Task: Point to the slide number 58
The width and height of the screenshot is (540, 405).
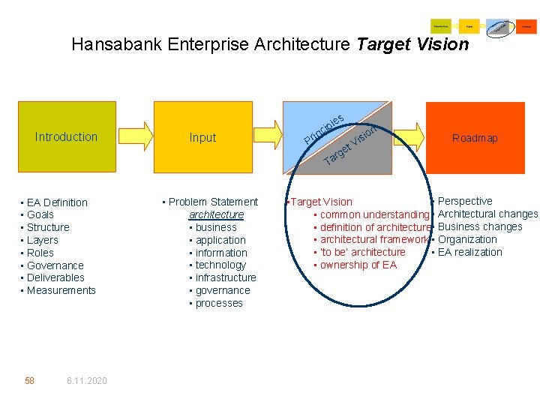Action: point(29,381)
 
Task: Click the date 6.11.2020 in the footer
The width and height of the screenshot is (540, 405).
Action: point(86,381)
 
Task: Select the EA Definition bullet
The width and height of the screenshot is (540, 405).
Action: point(57,202)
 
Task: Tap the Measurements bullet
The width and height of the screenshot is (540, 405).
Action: point(61,290)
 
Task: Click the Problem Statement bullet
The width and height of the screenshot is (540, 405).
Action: point(213,202)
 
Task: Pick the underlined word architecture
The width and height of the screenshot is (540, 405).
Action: point(216,214)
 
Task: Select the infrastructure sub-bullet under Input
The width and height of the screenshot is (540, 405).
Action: point(226,277)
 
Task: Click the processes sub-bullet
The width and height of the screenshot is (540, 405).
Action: point(219,303)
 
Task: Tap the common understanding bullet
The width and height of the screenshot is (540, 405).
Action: point(373,214)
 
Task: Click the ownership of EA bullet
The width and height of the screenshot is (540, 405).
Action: point(358,265)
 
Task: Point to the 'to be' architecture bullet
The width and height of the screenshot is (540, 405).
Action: point(362,252)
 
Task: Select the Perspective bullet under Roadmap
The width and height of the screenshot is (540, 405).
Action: point(465,201)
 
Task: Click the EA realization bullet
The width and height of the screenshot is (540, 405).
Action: point(469,252)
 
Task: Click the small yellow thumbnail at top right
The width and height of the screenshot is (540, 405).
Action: point(469,25)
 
